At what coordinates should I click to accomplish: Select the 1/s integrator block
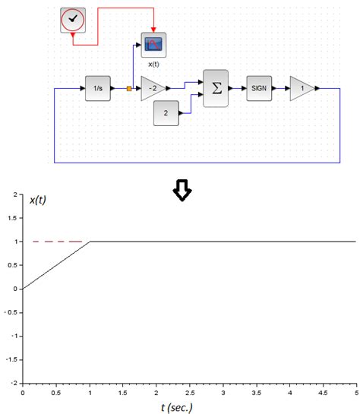pos(98,88)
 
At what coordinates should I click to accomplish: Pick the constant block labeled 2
pos(165,115)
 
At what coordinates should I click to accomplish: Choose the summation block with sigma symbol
pos(215,88)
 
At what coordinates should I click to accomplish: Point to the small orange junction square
pos(129,89)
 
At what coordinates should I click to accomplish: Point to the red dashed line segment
pos(57,242)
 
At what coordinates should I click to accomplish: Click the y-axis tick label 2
pos(15,195)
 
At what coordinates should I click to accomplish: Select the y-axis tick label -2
pos(14,384)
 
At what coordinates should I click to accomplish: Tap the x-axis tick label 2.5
pos(189,393)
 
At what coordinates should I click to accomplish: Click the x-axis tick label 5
pos(355,393)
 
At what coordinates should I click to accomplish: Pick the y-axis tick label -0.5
pos(11,313)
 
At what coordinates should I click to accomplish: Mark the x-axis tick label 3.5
pos(256,393)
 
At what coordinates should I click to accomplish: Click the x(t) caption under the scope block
pos(153,64)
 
